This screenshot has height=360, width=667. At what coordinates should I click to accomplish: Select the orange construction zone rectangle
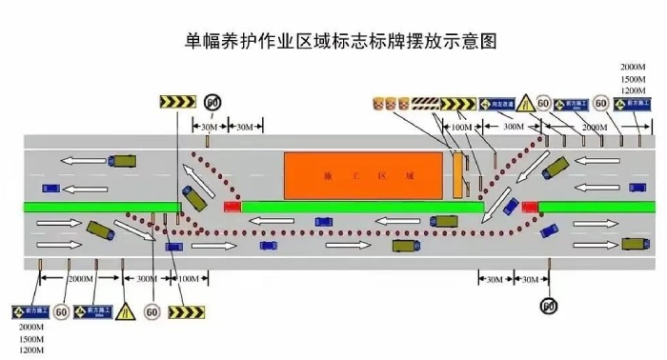[363, 176]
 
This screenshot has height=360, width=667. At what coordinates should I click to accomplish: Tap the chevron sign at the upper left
[176, 101]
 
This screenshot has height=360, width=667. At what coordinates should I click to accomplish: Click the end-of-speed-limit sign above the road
[212, 101]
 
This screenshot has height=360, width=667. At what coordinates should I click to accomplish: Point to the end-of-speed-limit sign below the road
[548, 306]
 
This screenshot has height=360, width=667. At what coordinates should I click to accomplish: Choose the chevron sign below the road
[187, 311]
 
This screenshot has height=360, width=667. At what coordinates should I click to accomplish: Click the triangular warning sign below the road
[124, 311]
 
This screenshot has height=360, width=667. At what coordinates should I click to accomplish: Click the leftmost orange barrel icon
[377, 102]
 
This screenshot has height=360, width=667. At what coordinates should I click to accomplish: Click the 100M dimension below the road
[189, 278]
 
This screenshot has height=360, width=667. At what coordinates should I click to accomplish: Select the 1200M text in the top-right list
[634, 90]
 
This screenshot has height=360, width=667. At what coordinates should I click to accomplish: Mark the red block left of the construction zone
[232, 205]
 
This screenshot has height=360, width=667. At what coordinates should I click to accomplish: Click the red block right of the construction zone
[528, 205]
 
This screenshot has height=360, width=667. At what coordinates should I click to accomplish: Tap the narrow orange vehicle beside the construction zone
[458, 174]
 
